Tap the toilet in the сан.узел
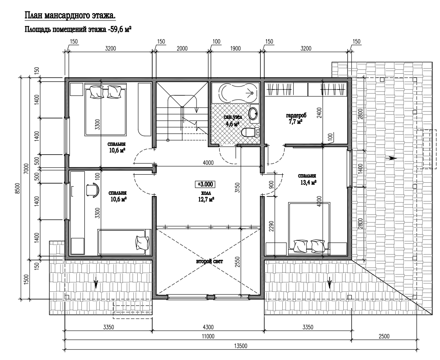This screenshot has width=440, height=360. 250,132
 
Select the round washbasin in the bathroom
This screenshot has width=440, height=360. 254,113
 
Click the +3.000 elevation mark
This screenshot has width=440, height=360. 206,184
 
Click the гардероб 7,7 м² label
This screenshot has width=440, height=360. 296,118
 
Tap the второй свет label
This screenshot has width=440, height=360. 209,261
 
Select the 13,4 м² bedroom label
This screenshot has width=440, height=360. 307,179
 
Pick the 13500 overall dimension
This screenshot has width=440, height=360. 240,346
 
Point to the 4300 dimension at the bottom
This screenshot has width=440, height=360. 208,327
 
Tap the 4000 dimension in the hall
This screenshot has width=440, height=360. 208,163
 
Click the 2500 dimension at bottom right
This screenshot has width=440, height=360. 384,337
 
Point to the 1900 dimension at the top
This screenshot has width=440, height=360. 235,49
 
